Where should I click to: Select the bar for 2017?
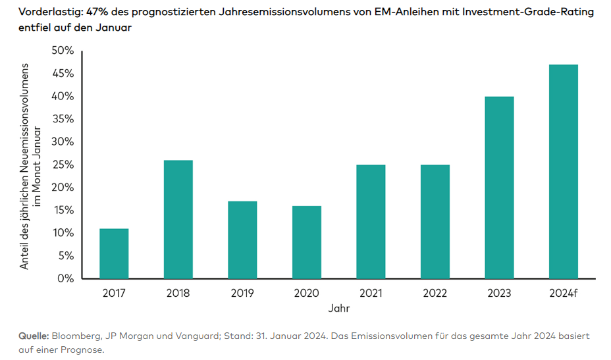pos(114,253)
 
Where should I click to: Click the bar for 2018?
pos(178,219)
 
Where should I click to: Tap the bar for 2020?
pos(307,242)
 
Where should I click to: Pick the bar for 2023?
pos(499,188)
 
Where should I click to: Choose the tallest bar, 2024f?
pos(564,171)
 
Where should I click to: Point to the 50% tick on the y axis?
pos(63,51)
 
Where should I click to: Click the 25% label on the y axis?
pos(63,165)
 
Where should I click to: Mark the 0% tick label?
pos(66,278)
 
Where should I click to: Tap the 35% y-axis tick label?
pos(63,119)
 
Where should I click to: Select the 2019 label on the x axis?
pos(242,293)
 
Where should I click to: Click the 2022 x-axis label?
pos(435,293)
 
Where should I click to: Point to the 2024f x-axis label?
pos(564,293)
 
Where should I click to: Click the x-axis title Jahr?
pos(338,308)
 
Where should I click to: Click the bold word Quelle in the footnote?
pos(34,336)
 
